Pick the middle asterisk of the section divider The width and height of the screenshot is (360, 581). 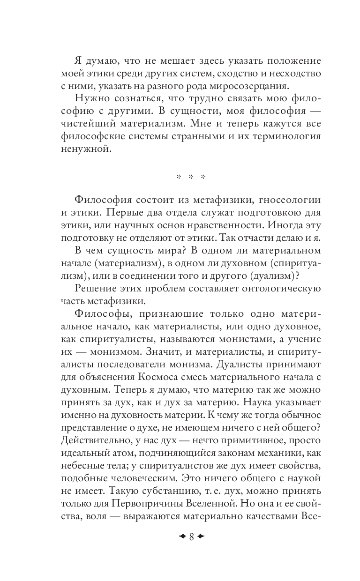click(x=191, y=177)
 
